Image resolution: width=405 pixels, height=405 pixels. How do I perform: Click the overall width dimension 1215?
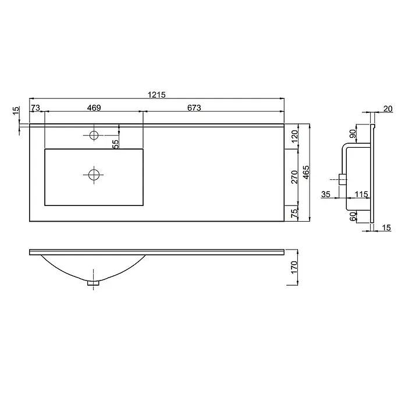point(157,95)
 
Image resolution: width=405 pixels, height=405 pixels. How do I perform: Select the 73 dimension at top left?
point(35,108)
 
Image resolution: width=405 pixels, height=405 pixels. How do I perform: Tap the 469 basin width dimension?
point(94,108)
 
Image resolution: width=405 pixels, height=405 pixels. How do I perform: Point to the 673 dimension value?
point(194,108)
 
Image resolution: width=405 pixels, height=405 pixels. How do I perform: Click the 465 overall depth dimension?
point(306,172)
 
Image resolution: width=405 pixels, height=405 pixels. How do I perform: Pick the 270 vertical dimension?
point(294,177)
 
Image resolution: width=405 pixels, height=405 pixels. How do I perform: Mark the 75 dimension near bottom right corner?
point(294,213)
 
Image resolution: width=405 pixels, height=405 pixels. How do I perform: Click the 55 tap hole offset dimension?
point(115,144)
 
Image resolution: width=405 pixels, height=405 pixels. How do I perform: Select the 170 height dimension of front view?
point(294,268)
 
